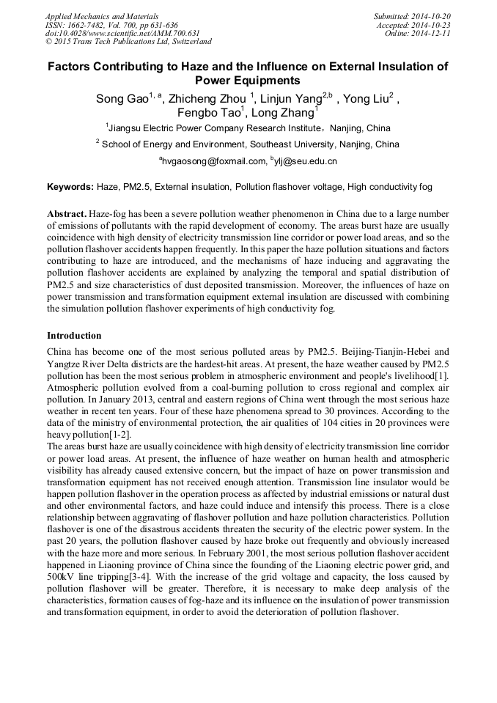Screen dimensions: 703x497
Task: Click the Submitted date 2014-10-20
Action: pos(430,16)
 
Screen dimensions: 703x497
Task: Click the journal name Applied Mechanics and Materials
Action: pos(102,16)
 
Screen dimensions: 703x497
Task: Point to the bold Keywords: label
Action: pos(70,187)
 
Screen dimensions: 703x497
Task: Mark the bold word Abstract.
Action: pos(67,213)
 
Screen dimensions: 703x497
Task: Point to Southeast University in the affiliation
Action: pos(279,144)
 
